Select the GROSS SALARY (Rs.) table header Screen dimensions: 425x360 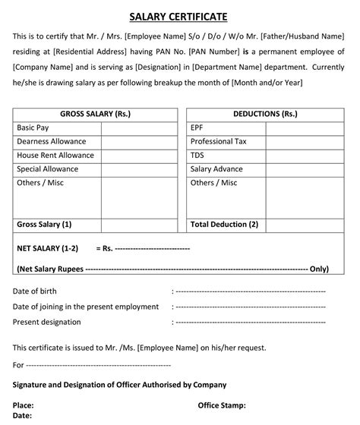[x=95, y=114]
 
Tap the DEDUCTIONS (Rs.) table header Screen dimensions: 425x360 [x=265, y=114]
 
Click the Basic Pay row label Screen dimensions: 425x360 [x=33, y=128]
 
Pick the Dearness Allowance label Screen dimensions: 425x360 [x=51, y=142]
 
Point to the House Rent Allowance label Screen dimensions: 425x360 [x=55, y=156]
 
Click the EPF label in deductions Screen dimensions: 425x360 [x=197, y=128]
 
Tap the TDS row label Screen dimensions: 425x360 [x=197, y=156]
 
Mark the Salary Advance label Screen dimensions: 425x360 [x=216, y=169]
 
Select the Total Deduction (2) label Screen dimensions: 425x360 [x=225, y=225]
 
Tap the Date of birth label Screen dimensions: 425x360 [x=35, y=291]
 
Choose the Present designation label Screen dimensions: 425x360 [x=47, y=323]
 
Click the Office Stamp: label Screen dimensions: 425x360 [x=222, y=405]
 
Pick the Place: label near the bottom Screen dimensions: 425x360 [x=24, y=405]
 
